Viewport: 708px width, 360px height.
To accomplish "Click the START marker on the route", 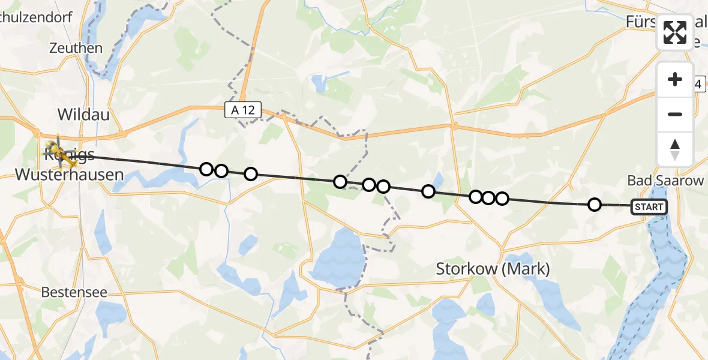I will coord(649,207).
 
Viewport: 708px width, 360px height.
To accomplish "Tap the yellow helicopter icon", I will coord(58,151).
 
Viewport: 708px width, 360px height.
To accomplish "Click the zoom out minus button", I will coord(675,114).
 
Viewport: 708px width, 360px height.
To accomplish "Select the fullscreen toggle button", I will coord(675,32).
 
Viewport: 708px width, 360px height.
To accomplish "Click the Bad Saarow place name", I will coord(665,181).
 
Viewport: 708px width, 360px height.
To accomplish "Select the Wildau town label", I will coord(83,114).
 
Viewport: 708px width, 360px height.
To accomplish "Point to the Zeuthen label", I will coord(76,48).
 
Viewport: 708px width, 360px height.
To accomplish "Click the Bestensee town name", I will coord(74,293).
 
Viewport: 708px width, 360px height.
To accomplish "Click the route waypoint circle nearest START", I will coord(594,205).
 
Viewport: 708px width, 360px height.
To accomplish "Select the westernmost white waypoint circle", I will coord(206,169).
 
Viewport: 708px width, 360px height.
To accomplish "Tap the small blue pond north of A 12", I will coord(317,82).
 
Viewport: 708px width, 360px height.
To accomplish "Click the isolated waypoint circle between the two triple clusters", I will coord(428,191).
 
